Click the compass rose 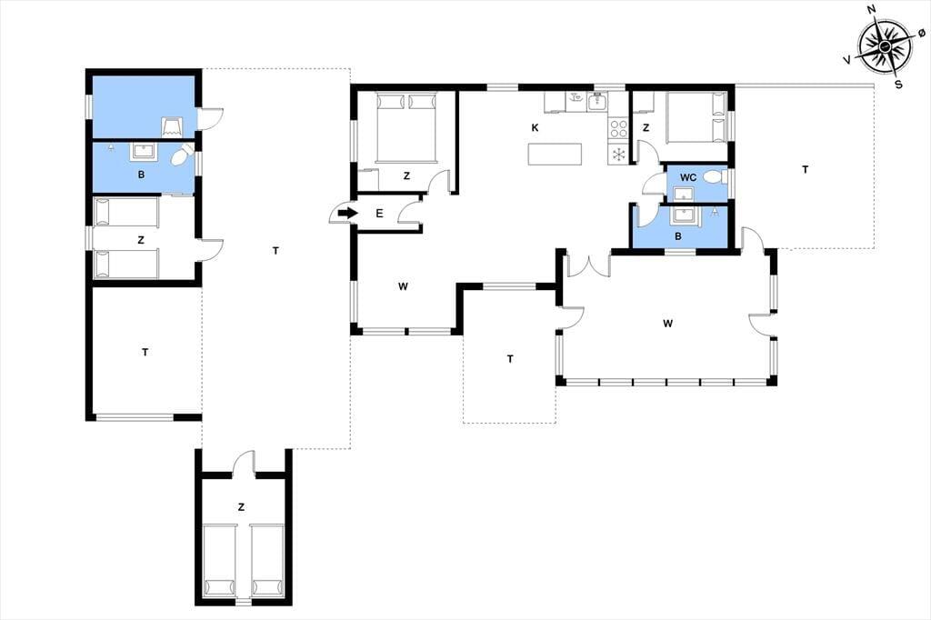(x=886, y=46)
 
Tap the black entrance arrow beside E (x=346, y=213)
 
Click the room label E (x=379, y=214)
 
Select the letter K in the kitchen (x=535, y=127)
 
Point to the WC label (x=688, y=177)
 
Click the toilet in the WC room (x=716, y=177)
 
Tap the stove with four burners (x=618, y=129)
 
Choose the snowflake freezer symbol (x=618, y=155)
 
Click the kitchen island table (x=555, y=155)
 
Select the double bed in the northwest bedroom (x=406, y=127)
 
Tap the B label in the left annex (x=141, y=175)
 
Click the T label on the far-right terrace (x=806, y=170)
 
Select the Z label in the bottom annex (x=241, y=507)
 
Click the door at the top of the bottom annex (x=244, y=464)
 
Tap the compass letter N (x=872, y=9)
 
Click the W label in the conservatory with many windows (x=668, y=324)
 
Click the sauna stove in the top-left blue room (x=172, y=125)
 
